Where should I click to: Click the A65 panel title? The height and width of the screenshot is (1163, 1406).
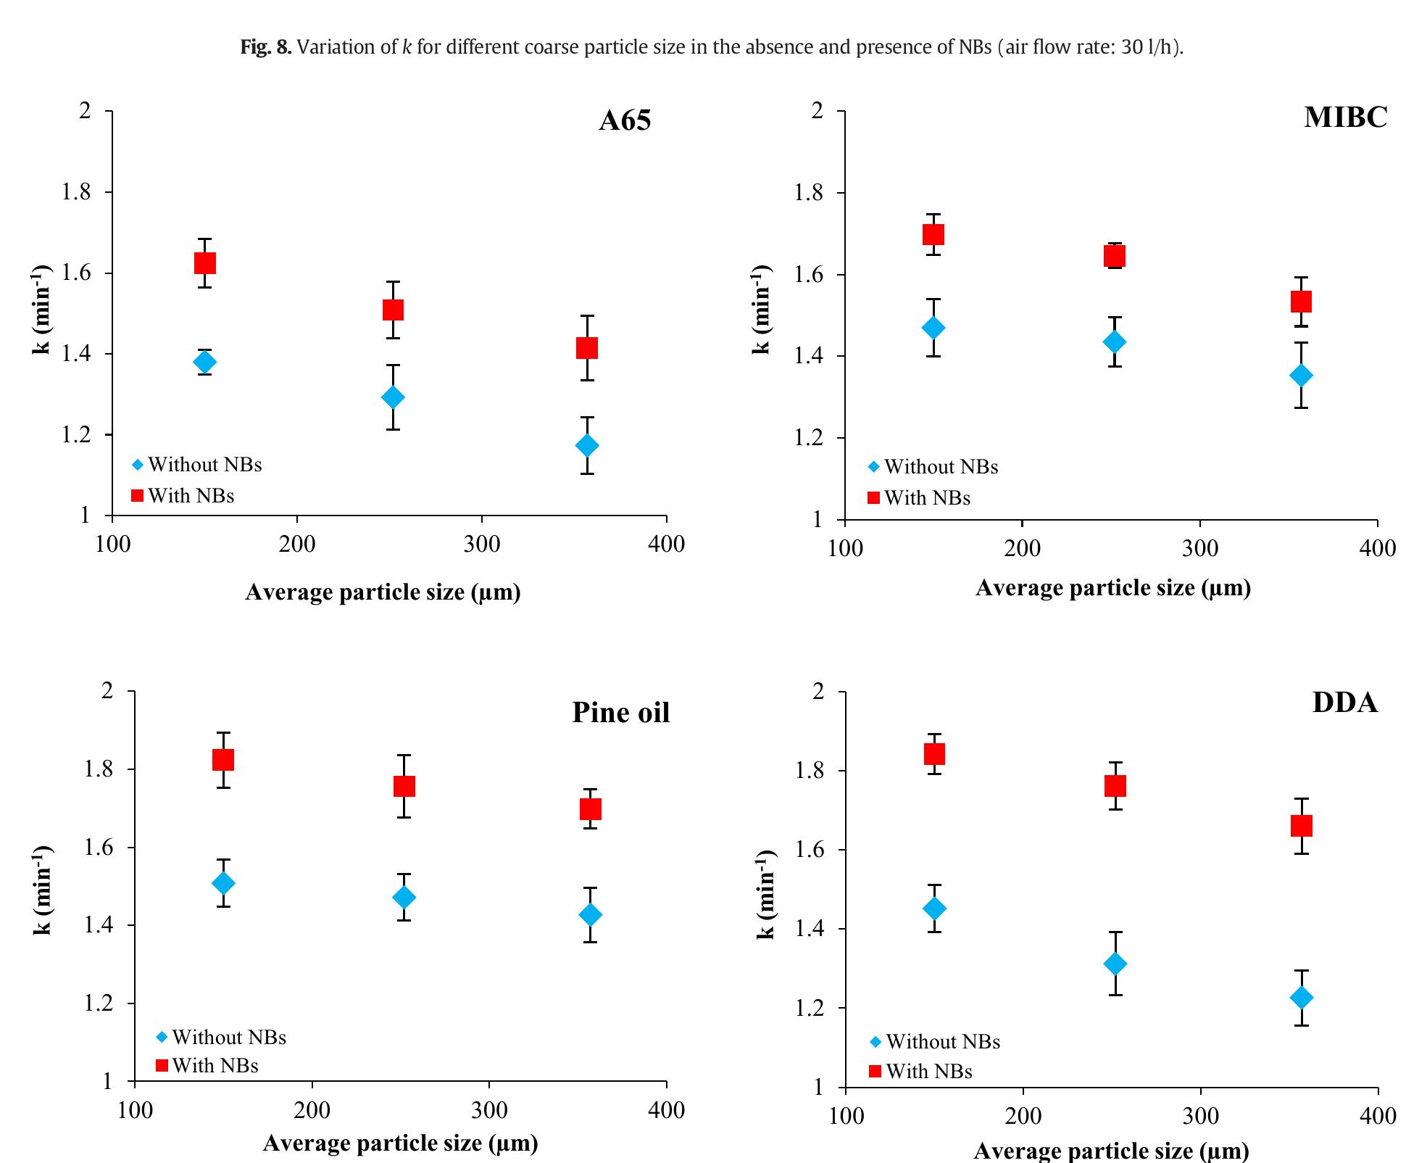[x=624, y=120]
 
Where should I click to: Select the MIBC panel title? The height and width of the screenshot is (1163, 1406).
[x=1345, y=117]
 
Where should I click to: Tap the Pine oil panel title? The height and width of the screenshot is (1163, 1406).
[x=620, y=713]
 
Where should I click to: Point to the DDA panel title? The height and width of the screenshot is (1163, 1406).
[x=1344, y=703]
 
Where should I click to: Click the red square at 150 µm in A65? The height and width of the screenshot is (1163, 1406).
[x=205, y=262]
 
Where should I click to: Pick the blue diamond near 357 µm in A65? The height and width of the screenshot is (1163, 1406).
[x=587, y=445]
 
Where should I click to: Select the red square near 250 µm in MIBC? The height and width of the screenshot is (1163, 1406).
[x=1115, y=256]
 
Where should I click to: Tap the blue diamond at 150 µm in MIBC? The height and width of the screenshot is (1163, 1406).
[x=934, y=328]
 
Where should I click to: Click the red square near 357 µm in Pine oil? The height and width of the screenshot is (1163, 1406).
[x=591, y=808]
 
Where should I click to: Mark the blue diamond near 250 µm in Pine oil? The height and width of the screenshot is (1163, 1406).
[x=404, y=898]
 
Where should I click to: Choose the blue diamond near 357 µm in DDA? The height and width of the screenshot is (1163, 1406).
[x=1302, y=998]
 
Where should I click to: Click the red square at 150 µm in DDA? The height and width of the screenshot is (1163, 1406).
[x=934, y=754]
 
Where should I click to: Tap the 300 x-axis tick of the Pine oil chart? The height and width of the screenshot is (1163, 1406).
[x=488, y=1110]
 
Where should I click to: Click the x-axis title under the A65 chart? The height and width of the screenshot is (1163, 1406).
[x=383, y=592]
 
